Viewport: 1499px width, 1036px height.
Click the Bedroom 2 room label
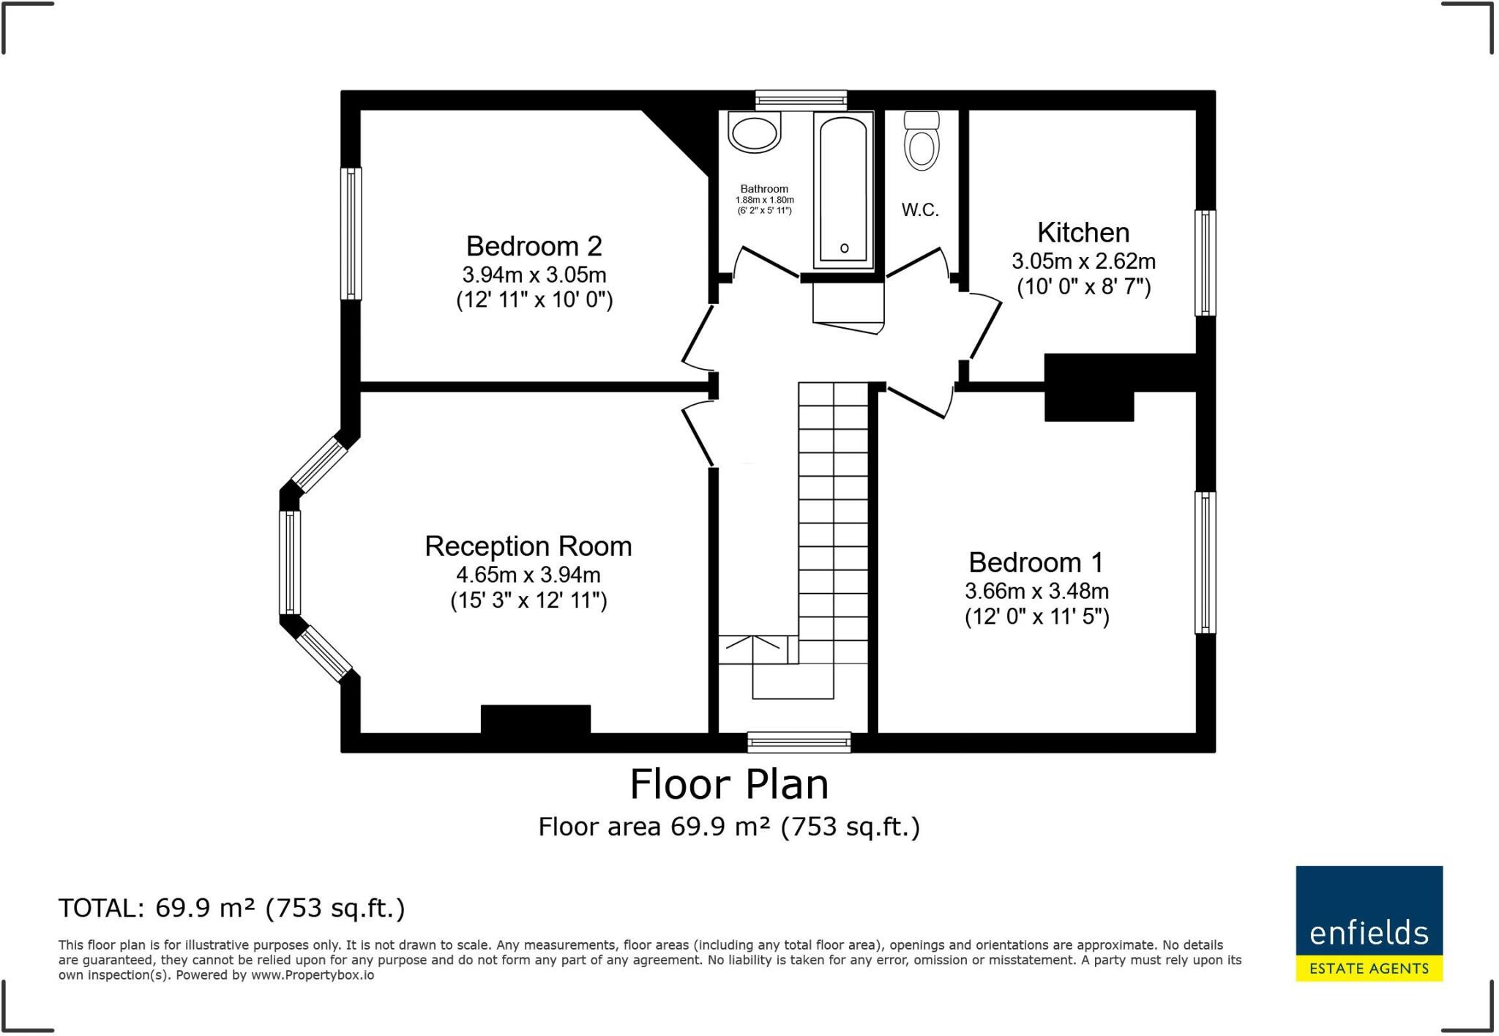pos(534,246)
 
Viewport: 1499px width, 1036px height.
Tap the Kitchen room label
pos(1083,233)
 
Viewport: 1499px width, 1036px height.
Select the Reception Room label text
pos(528,546)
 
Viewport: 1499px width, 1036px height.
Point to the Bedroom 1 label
pos(1036,562)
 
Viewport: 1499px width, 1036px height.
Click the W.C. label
pos(920,210)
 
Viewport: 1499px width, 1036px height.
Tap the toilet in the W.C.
pos(922,144)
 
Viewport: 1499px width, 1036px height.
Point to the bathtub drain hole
pos(844,248)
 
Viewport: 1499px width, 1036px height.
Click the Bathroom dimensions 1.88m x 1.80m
pos(764,200)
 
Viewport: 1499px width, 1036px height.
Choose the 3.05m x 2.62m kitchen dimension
pos(1083,261)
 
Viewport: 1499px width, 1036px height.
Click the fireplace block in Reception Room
pos(535,718)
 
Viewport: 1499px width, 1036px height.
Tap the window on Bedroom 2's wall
pos(351,234)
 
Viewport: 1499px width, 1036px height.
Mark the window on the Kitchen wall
pos(1205,263)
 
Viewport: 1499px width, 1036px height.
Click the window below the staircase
pos(799,742)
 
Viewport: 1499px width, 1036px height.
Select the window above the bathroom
pos(801,100)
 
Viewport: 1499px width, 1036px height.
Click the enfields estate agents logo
pos(1369,923)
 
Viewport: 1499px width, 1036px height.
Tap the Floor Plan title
pos(729,785)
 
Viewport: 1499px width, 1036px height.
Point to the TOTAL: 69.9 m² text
pos(231,908)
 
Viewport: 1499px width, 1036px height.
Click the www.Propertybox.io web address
pos(313,975)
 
